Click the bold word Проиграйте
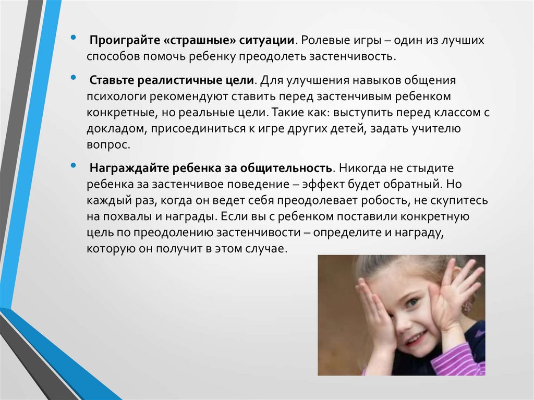coord(125,41)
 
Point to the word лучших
coord(463,41)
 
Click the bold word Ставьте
coord(112,80)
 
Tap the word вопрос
coord(108,145)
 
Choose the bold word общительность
coord(286,168)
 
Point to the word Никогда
coord(363,168)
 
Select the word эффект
coord(322,184)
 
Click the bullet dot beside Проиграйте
coord(73,38)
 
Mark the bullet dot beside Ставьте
coord(73,78)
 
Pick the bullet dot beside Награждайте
coord(73,166)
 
